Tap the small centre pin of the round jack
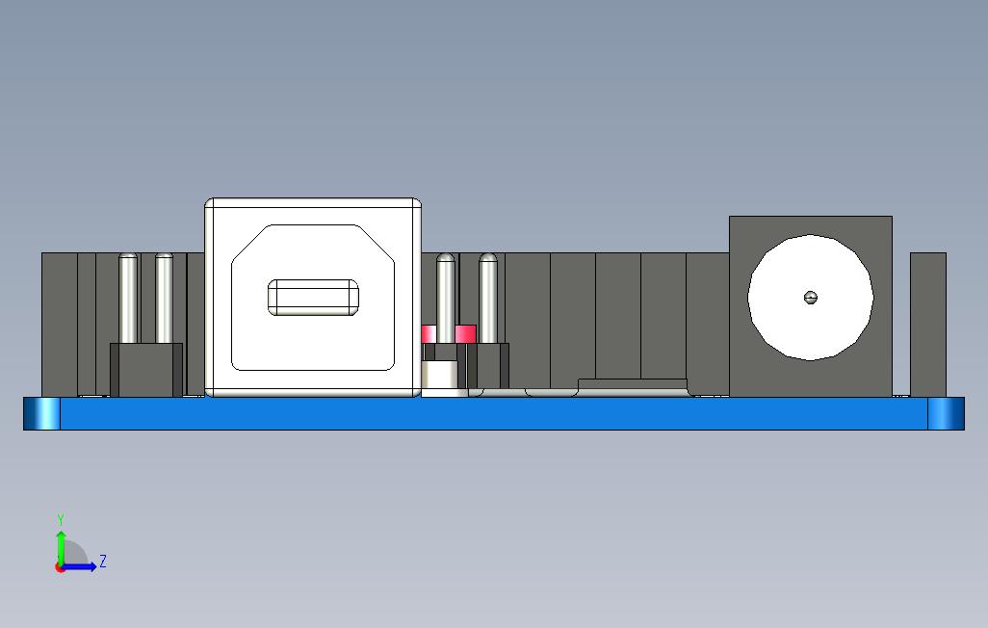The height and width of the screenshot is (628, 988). point(810,297)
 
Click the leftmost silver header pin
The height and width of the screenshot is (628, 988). point(128,297)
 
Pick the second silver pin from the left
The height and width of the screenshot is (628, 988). point(164,297)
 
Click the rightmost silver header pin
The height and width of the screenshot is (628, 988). point(488,297)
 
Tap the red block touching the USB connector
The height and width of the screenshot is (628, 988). point(429,334)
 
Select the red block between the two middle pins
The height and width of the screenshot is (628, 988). point(466,334)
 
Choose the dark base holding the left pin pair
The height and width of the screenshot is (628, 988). point(146,370)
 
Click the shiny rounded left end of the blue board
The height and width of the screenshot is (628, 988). point(41,413)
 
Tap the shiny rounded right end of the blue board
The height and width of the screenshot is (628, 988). point(946,413)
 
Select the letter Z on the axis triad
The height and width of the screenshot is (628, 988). point(103,561)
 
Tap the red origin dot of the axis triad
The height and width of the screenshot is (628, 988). point(61,567)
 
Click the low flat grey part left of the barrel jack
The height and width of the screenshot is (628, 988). point(632,385)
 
